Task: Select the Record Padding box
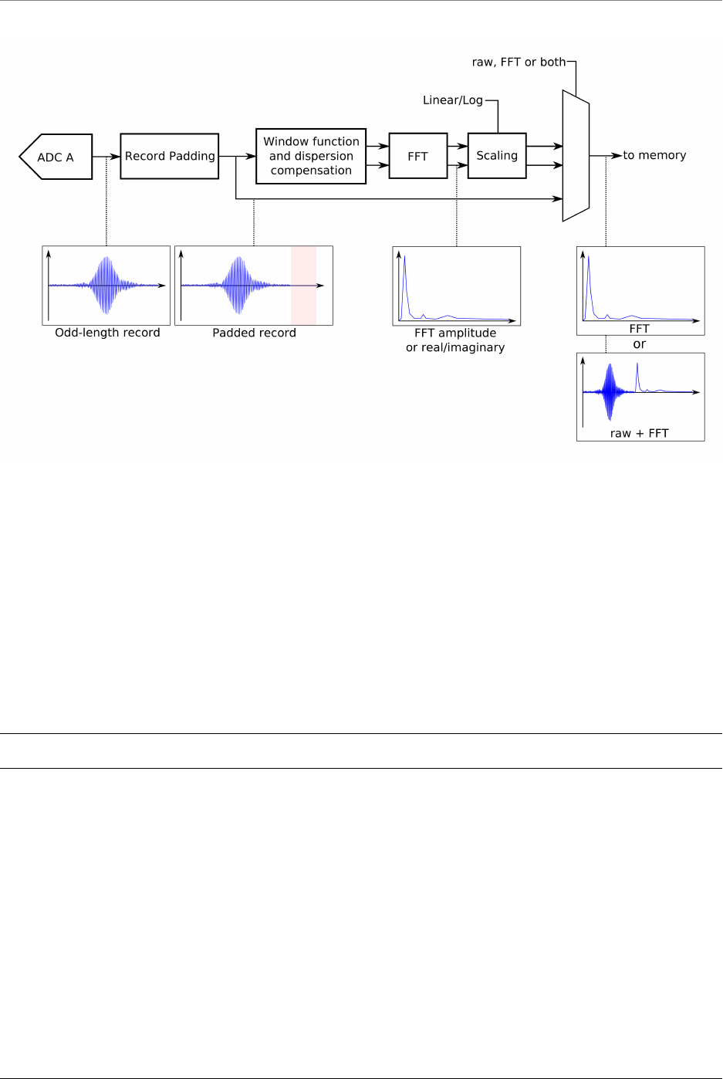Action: pyautogui.click(x=170, y=156)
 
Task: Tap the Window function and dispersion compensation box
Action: pyautogui.click(x=311, y=156)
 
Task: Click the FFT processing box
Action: pyautogui.click(x=417, y=156)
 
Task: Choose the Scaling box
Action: pyautogui.click(x=497, y=156)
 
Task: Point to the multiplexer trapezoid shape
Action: pyautogui.click(x=576, y=156)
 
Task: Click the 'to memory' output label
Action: pyautogui.click(x=654, y=155)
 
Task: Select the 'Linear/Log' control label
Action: pyautogui.click(x=453, y=100)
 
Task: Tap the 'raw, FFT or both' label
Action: pyautogui.click(x=519, y=63)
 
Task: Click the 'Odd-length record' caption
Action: pyautogui.click(x=107, y=333)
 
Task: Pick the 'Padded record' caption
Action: pyautogui.click(x=254, y=333)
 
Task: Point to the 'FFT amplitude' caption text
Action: pyautogui.click(x=455, y=333)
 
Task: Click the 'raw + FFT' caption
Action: pyautogui.click(x=639, y=433)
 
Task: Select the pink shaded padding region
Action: pyautogui.click(x=303, y=286)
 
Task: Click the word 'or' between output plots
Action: pyautogui.click(x=639, y=344)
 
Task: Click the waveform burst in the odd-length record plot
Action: pyautogui.click(x=106, y=286)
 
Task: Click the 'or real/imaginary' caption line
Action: pyautogui.click(x=455, y=347)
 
